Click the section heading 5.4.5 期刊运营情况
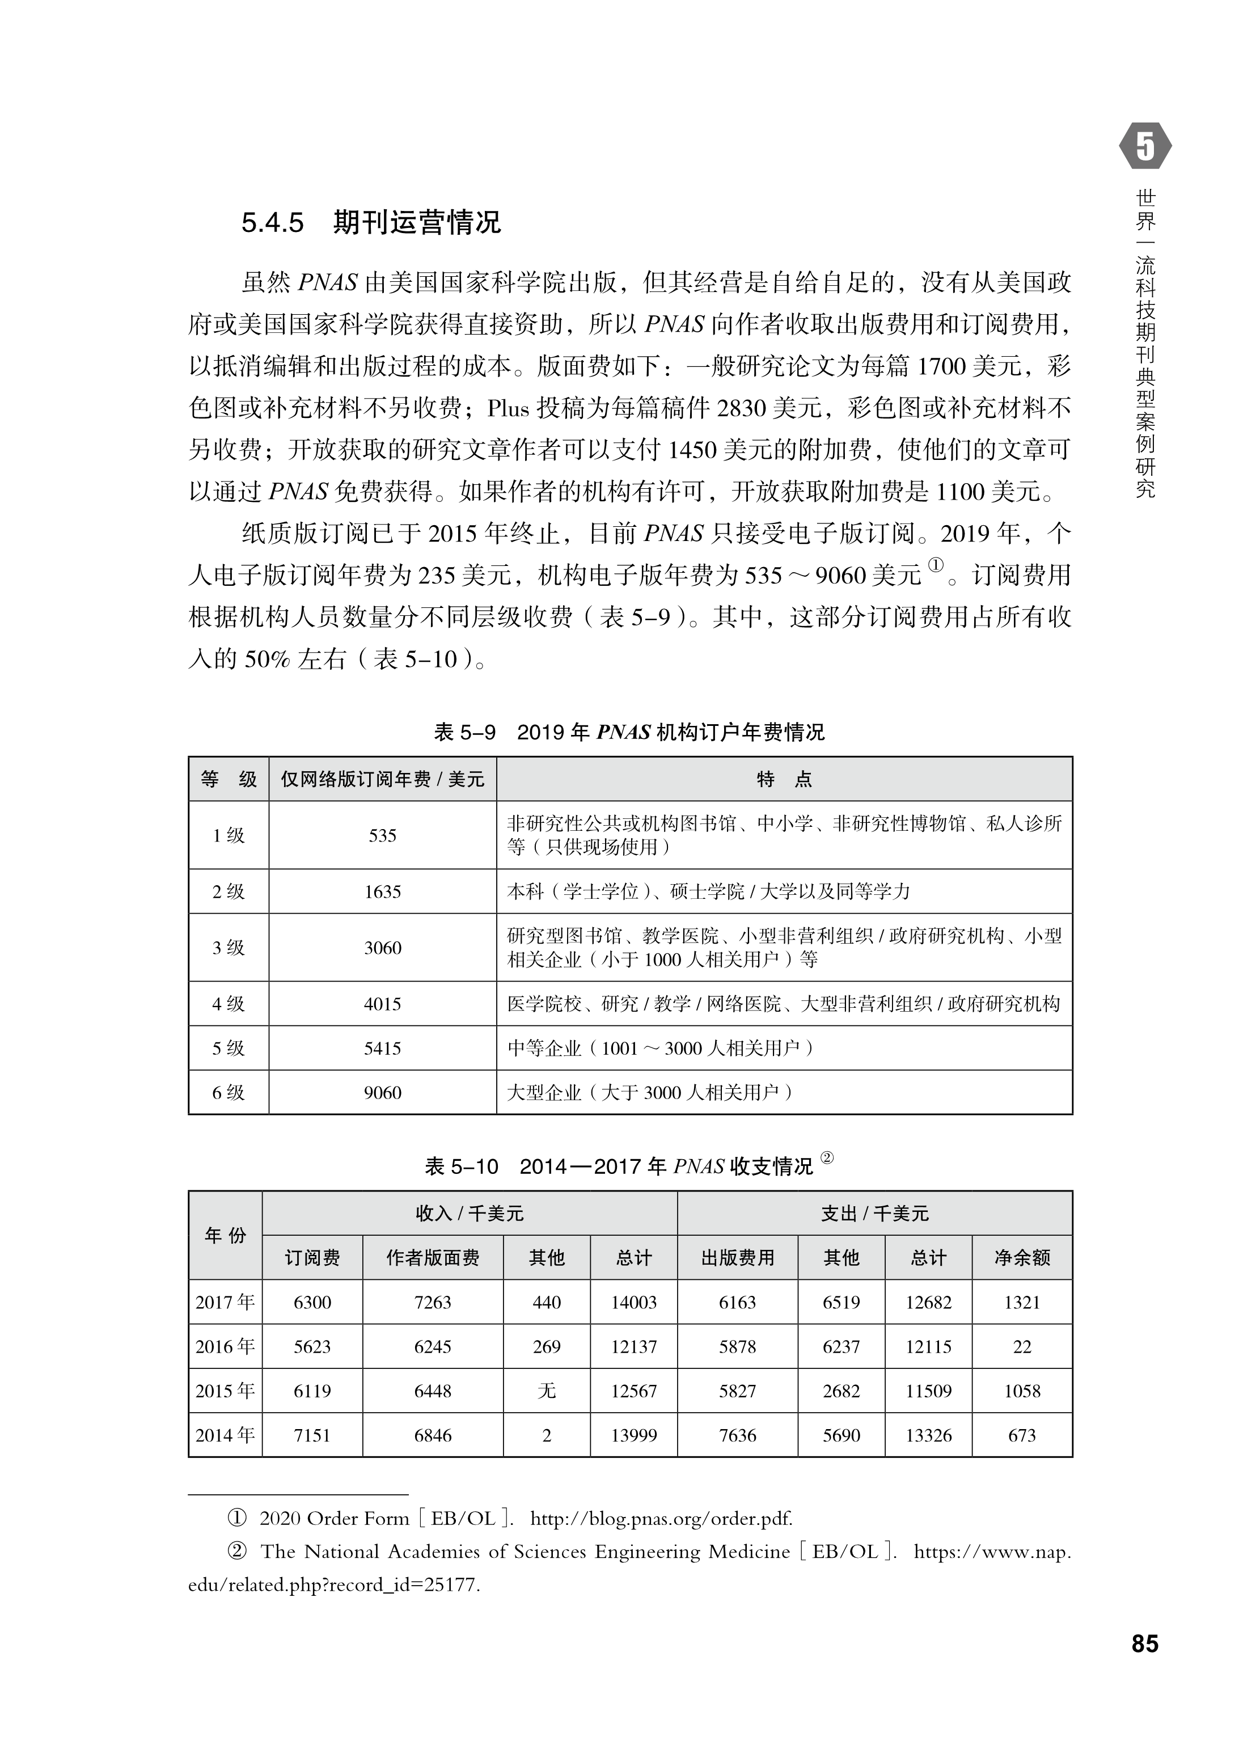371,223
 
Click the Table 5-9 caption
629,732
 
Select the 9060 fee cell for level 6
382,1092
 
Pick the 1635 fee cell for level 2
382,891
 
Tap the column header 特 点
784,779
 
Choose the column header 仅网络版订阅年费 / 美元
382,779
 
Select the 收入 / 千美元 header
469,1213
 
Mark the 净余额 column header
1022,1257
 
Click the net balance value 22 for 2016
1022,1346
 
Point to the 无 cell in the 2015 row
546,1391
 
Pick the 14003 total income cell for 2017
633,1302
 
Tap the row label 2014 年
225,1435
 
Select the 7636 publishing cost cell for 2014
737,1435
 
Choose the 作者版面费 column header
433,1257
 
